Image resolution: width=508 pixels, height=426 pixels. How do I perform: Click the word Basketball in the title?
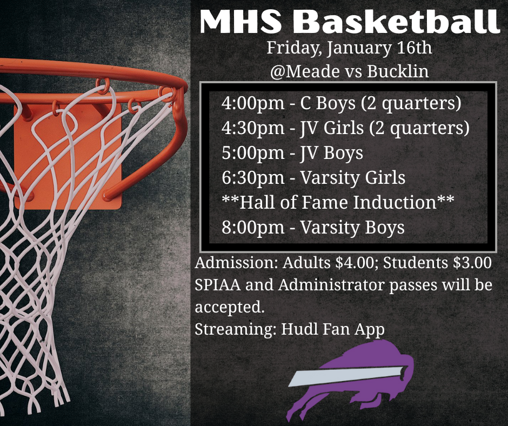pyautogui.click(x=399, y=22)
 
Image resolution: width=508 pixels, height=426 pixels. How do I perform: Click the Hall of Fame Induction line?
pyautogui.click(x=338, y=202)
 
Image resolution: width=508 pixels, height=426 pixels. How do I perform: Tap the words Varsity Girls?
pyautogui.click(x=353, y=177)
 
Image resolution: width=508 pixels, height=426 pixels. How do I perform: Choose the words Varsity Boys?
pyautogui.click(x=352, y=227)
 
